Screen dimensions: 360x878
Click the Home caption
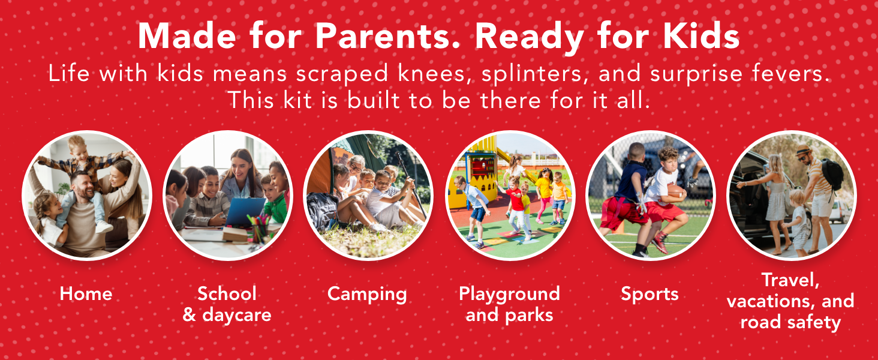click(86, 294)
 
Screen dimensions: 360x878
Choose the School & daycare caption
click(227, 304)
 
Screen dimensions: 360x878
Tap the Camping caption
click(367, 294)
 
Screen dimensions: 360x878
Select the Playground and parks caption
click(509, 304)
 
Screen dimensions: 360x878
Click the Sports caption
click(650, 294)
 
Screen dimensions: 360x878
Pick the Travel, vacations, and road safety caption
click(790, 301)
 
